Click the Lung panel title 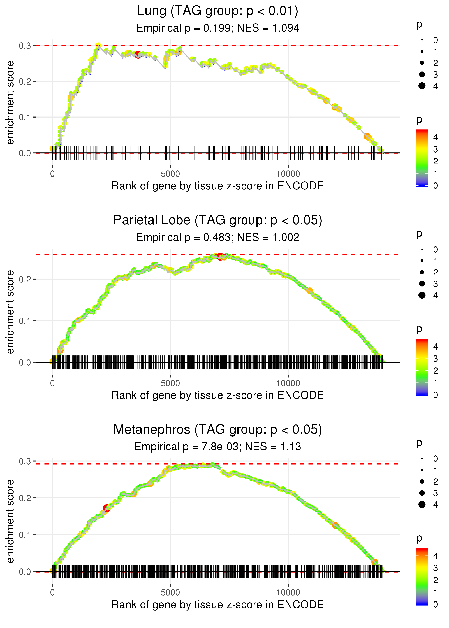(218, 11)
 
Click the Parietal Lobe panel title (218, 220)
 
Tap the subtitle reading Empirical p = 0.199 (218, 28)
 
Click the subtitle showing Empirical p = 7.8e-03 (218, 447)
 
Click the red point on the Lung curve (138, 55)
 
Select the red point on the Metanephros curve (107, 508)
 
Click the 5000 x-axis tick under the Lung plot (170, 174)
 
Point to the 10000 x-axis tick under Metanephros (288, 592)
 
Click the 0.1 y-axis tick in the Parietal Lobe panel (25, 321)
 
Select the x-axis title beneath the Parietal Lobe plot (218, 395)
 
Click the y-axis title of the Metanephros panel (10, 521)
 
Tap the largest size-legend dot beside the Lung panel (422, 86)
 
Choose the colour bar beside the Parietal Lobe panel (422, 367)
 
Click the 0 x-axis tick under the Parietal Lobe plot (52, 383)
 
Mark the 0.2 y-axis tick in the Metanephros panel (25, 498)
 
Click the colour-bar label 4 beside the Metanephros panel (436, 556)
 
